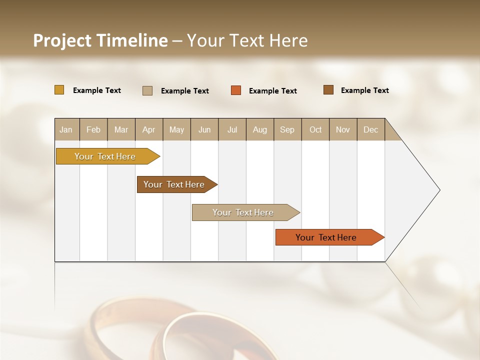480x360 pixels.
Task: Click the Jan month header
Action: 66,129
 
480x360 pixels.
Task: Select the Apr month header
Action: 148,129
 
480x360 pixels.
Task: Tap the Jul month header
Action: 232,129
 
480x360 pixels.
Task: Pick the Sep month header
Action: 287,129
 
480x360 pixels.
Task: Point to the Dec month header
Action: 370,129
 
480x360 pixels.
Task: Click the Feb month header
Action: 93,129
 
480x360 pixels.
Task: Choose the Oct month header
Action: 315,129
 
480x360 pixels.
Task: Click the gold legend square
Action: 59,90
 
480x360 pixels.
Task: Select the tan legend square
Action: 147,90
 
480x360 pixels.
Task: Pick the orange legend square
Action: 236,90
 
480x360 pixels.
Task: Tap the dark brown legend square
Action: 328,90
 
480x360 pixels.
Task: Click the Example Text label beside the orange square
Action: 273,91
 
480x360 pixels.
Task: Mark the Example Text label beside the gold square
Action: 97,90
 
